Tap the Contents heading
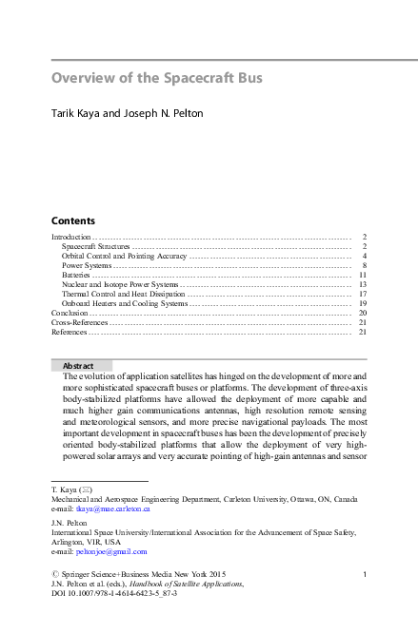pos(72,219)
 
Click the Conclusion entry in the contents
pos(70,313)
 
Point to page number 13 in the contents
pos(363,284)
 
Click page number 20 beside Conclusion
pos(363,313)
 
